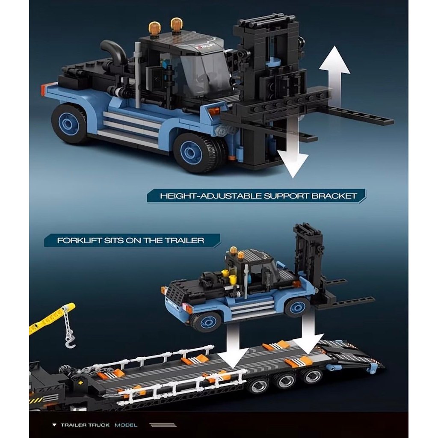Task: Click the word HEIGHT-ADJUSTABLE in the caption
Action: (211, 196)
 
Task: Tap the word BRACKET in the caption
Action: (334, 196)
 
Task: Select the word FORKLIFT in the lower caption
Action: (79, 240)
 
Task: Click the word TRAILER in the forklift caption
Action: (184, 240)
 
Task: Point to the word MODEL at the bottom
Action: (126, 425)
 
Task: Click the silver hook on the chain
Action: (70, 342)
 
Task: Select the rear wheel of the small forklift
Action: (207, 323)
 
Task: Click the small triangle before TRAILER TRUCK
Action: (54, 425)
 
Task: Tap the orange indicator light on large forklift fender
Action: (216, 111)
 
